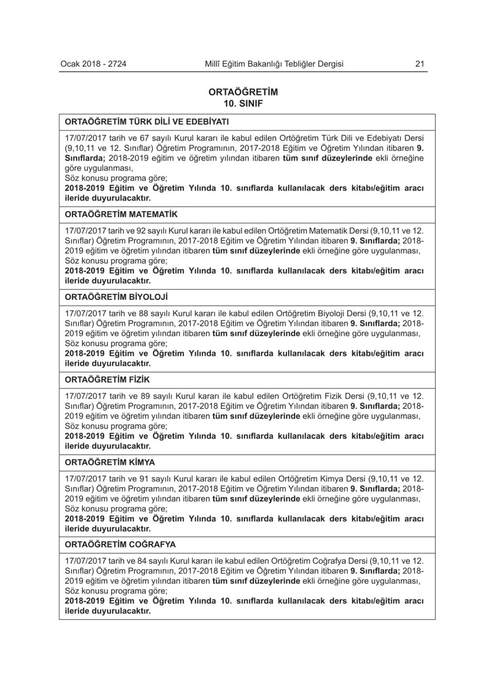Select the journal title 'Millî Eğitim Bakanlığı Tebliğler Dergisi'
274,64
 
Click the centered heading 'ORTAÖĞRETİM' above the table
243,92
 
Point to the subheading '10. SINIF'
243,103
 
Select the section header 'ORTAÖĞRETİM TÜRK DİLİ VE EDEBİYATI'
147,122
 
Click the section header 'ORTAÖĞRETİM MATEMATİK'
121,214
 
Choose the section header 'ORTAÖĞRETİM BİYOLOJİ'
116,297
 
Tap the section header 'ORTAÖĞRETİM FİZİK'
107,379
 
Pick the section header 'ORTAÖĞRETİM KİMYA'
110,462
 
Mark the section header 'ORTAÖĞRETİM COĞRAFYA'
120,545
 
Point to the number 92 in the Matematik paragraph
145,230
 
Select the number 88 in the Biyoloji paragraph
145,313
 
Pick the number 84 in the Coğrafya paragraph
145,561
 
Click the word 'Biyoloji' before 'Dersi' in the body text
331,313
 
